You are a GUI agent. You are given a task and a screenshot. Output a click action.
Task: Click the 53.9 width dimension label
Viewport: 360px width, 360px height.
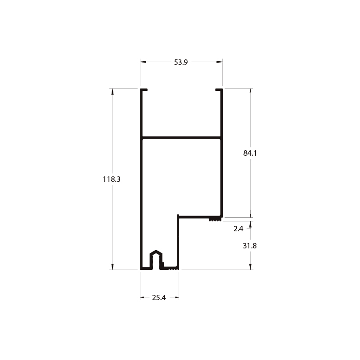pyautogui.click(x=181, y=62)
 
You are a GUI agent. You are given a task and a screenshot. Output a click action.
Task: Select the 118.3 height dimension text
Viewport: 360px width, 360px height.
pyautogui.click(x=112, y=179)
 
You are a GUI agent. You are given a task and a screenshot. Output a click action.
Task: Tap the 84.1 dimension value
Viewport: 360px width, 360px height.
pyautogui.click(x=250, y=153)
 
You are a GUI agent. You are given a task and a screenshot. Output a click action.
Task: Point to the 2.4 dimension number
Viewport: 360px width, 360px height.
pyautogui.click(x=238, y=229)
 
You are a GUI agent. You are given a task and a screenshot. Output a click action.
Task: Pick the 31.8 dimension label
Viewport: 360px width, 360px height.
pyautogui.click(x=250, y=246)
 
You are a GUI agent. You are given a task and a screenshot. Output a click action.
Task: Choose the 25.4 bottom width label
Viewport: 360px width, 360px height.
pyautogui.click(x=159, y=297)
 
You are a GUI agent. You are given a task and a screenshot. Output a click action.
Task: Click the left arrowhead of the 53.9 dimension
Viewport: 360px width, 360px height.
pyautogui.click(x=143, y=62)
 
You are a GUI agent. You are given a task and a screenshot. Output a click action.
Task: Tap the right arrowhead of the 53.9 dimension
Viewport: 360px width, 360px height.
pyautogui.click(x=220, y=62)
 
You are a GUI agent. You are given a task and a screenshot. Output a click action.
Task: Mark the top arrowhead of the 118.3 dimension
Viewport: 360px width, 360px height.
pyautogui.click(x=112, y=91)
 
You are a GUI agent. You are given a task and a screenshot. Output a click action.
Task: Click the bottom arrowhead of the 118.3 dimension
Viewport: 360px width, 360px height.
pyautogui.click(x=112, y=266)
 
